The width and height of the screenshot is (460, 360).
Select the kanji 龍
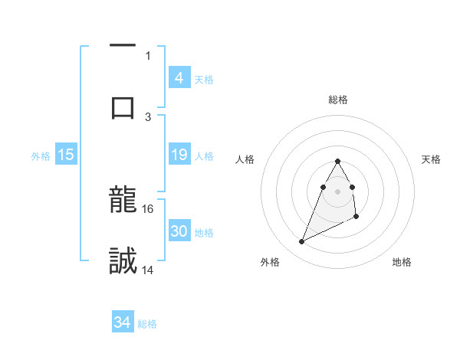coord(123,202)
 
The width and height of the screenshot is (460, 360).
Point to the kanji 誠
coord(123,260)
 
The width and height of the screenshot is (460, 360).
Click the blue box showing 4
coord(179,77)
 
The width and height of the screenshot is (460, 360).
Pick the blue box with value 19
coord(179,155)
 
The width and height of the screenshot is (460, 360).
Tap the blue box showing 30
coord(179,231)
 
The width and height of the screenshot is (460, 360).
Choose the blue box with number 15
coord(66,155)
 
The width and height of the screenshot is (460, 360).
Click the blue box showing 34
coord(123,322)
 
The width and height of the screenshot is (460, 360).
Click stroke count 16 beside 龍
coord(149,208)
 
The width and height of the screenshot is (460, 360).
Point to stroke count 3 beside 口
coord(148,116)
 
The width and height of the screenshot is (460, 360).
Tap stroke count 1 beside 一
coord(148,55)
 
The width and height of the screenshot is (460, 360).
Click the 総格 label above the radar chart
coord(338,100)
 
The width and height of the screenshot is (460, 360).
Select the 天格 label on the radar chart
coord(431,159)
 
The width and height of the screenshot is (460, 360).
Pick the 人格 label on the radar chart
coord(245,159)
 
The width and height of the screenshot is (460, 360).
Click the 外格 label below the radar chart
coord(270,263)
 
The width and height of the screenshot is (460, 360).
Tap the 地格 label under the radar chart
coord(402,263)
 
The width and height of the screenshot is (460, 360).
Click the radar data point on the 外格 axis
coord(301,241)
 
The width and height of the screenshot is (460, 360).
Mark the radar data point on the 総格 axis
coord(337,161)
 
